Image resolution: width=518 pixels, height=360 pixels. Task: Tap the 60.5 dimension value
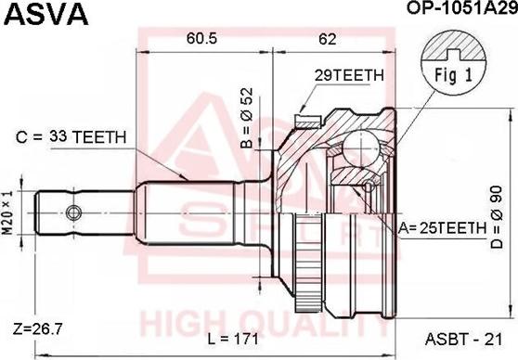(195, 39)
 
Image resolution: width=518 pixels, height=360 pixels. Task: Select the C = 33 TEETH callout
(73, 137)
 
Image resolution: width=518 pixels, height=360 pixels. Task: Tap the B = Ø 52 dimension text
(247, 119)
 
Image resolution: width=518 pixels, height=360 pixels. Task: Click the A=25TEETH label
(442, 226)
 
